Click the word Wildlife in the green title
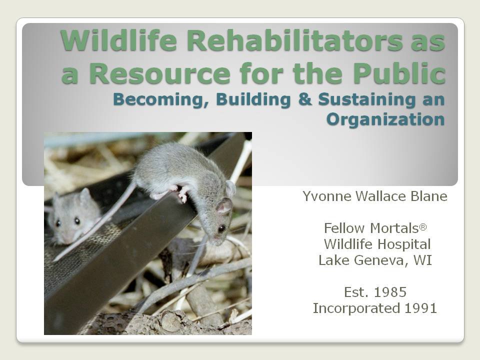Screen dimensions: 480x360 (119, 40)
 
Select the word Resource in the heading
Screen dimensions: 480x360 (159, 73)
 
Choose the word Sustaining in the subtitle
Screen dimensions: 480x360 (366, 100)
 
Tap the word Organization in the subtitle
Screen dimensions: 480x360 (385, 119)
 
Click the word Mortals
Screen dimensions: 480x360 (394, 228)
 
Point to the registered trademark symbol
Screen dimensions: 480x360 (423, 227)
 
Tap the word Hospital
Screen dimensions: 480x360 (404, 244)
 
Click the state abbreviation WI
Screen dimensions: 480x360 (423, 260)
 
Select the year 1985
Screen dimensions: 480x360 (390, 292)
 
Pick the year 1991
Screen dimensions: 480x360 (420, 308)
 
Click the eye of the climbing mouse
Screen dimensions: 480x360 (221, 228)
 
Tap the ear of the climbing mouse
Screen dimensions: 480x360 (224, 205)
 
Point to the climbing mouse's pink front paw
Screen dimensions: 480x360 (183, 194)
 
